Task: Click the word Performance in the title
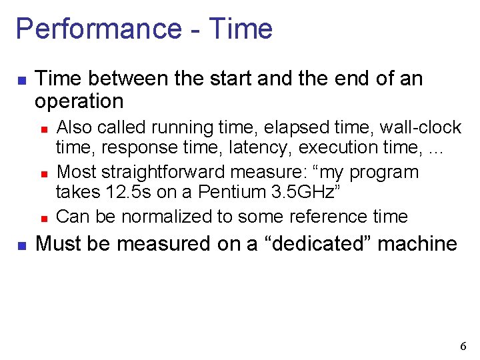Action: pyautogui.click(x=97, y=29)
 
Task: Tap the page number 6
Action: pyautogui.click(x=463, y=346)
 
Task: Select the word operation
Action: pyautogui.click(x=79, y=101)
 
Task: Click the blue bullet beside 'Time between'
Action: pyautogui.click(x=21, y=81)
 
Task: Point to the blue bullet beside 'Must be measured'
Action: pyautogui.click(x=21, y=245)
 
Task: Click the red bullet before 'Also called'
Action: pyautogui.click(x=43, y=127)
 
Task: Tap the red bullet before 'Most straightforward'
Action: pyautogui.click(x=43, y=173)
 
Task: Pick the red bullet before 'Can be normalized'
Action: pyautogui.click(x=43, y=217)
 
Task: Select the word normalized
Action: pyautogui.click(x=160, y=216)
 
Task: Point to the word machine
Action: pyautogui.click(x=419, y=243)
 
